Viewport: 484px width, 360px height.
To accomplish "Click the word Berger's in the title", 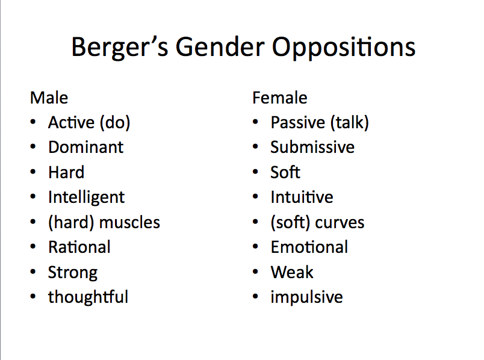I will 116,47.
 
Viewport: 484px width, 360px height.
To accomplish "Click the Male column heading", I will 49,98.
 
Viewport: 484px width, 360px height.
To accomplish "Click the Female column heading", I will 280,98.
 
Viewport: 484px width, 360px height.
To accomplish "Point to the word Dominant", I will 85,147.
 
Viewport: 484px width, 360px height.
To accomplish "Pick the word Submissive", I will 312,147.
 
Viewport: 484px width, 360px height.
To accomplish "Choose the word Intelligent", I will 87,197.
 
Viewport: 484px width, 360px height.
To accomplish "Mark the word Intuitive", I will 302,197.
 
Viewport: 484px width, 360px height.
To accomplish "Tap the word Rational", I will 79,247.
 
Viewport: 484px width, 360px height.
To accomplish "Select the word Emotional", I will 309,247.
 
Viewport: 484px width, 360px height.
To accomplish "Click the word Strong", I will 73,273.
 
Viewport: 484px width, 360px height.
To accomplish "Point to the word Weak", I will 292,272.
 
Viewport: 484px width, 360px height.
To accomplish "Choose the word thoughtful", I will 88,297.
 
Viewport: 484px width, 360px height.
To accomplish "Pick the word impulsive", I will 306,297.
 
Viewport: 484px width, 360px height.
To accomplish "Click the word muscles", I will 129,223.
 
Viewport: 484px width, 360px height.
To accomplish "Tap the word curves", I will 340,223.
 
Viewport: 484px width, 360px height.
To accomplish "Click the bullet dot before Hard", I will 33,173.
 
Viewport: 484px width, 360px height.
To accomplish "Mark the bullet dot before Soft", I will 256,173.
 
